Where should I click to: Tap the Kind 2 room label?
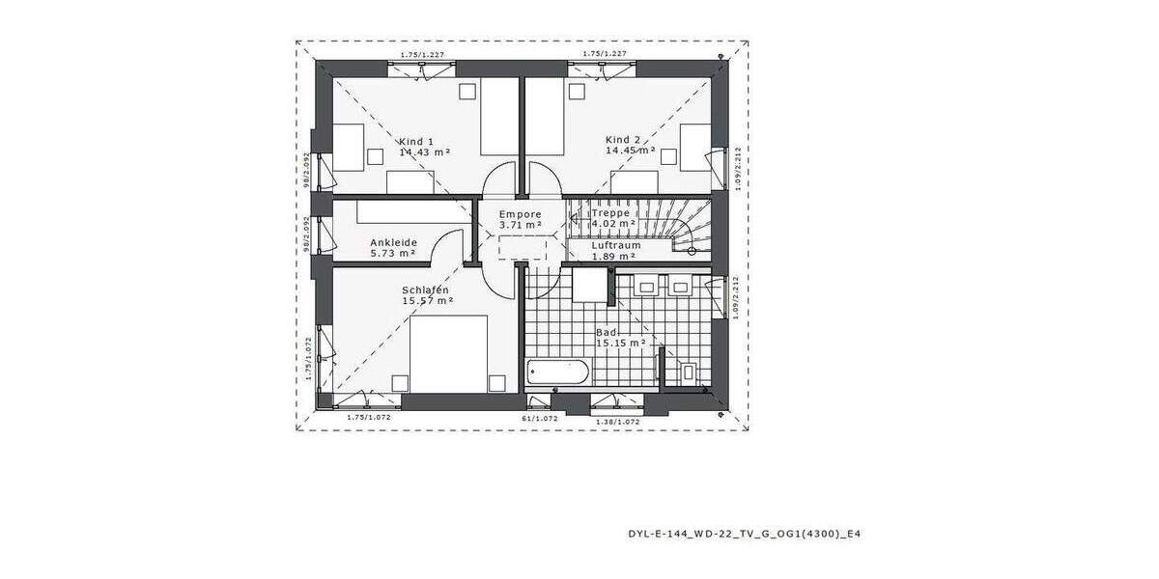click(624, 139)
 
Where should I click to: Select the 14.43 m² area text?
click(426, 152)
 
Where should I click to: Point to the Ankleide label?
click(392, 242)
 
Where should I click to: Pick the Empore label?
click(520, 213)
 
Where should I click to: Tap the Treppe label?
click(611, 213)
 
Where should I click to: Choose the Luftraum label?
click(616, 245)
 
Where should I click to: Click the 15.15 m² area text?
click(620, 343)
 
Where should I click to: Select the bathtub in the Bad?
click(557, 372)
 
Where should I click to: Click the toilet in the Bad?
click(688, 371)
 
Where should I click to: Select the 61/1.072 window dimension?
click(540, 420)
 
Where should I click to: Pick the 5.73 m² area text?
click(392, 254)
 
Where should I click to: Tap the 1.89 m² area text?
click(616, 257)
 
